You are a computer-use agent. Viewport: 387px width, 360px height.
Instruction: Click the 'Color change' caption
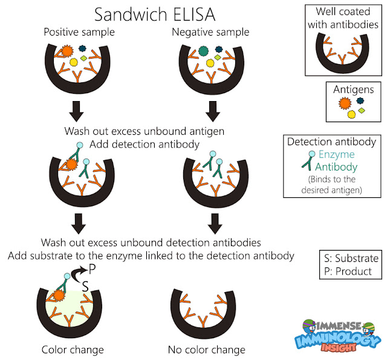tap(72, 349)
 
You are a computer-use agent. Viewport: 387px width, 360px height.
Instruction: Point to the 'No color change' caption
tap(206, 349)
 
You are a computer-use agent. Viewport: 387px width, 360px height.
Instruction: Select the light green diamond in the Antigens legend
tap(363, 111)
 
